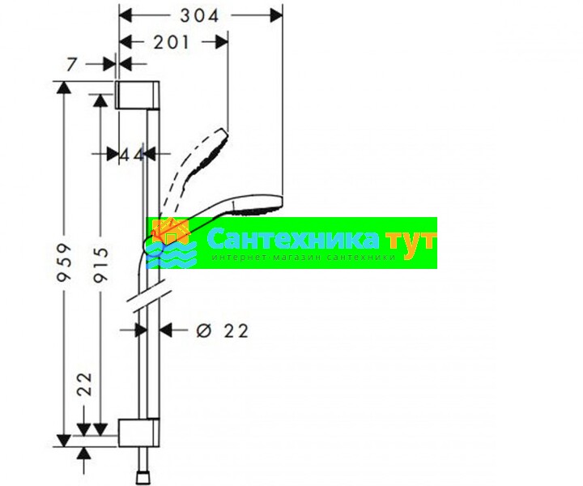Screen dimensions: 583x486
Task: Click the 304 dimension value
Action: (x=199, y=15)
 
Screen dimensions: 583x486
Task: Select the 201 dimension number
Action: (x=172, y=42)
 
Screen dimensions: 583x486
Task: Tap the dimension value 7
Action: (x=72, y=65)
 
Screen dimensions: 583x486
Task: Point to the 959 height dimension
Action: (x=64, y=262)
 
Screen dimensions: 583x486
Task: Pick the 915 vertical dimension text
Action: (x=100, y=264)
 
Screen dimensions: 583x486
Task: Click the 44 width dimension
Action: (x=132, y=155)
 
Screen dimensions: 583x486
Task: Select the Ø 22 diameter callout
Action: (x=222, y=330)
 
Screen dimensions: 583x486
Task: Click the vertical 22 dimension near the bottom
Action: (x=84, y=384)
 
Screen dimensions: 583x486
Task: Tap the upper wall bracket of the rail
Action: (x=137, y=95)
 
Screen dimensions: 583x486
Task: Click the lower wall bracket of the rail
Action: (x=138, y=433)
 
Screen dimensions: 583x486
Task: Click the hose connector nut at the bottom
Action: (x=143, y=478)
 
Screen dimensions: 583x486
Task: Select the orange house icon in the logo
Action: (x=170, y=232)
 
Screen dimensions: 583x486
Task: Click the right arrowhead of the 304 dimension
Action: (x=276, y=15)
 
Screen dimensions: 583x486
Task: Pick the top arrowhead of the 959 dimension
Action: (x=64, y=87)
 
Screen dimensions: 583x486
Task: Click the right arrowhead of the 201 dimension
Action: (x=222, y=42)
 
